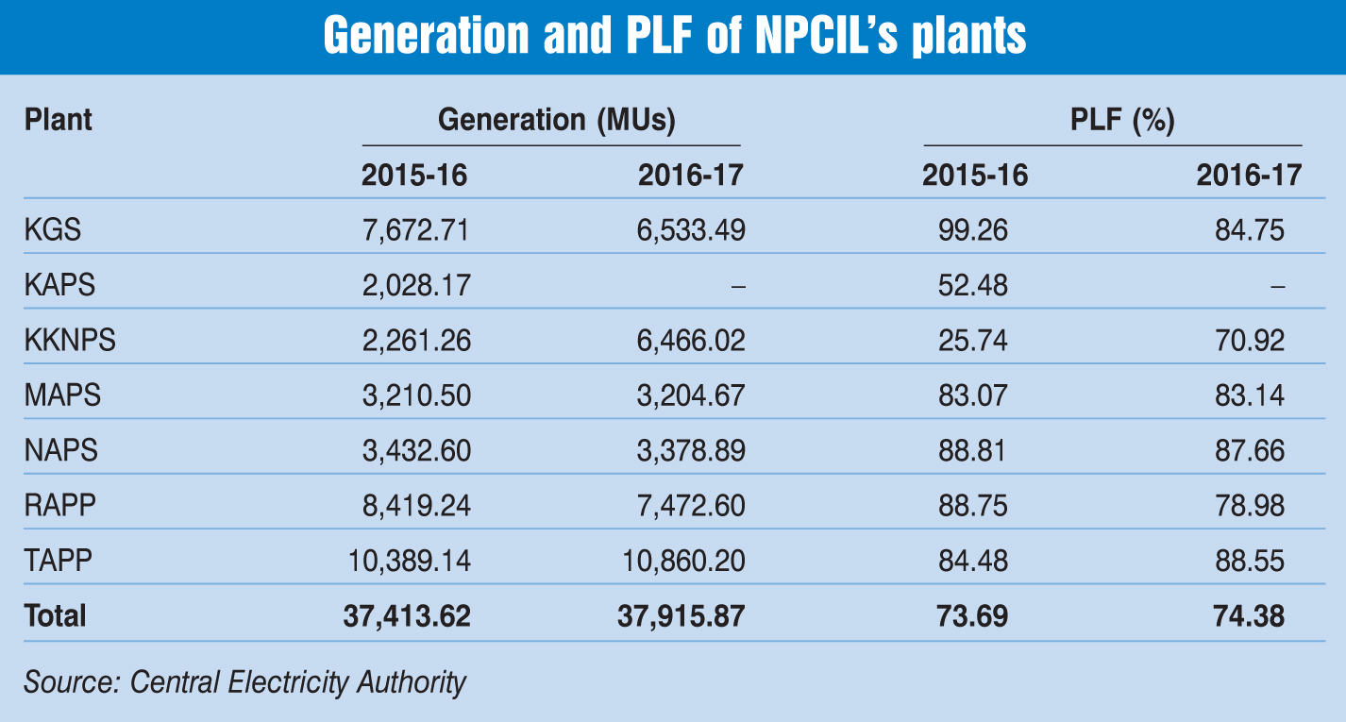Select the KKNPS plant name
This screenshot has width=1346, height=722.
tap(70, 340)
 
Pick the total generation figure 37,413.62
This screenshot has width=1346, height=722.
tap(407, 616)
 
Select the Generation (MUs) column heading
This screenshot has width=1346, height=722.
tap(557, 121)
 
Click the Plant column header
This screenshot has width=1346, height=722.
tap(59, 121)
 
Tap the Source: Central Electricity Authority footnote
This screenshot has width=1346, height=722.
tap(245, 681)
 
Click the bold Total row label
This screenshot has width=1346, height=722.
tap(55, 616)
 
